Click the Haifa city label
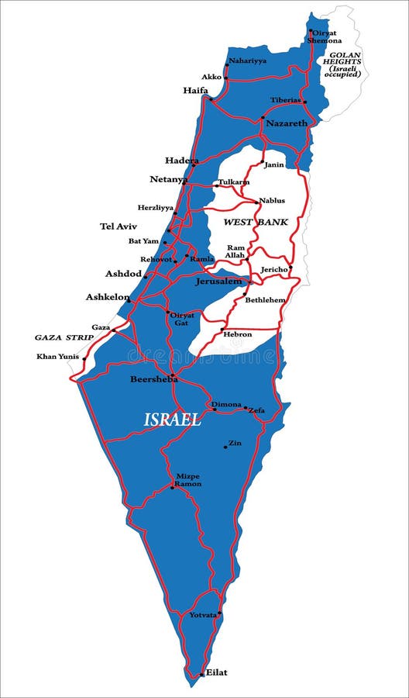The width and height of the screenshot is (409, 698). tap(195, 90)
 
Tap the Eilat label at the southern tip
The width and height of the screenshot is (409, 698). tap(216, 672)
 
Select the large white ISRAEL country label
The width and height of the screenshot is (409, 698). tap(172, 420)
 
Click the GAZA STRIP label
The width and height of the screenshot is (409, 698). tap(64, 337)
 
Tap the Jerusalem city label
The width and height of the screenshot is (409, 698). tap(218, 281)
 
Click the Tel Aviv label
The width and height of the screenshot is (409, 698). tap(118, 226)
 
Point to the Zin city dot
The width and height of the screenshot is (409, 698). tap(225, 447)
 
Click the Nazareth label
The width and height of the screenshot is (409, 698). tap(286, 123)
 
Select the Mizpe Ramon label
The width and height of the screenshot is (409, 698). tap(187, 479)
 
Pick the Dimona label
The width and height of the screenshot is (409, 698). tap(227, 404)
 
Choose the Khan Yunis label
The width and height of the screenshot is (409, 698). tap(58, 357)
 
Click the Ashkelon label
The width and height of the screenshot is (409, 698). tap(108, 297)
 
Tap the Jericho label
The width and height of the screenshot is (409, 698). tap(274, 268)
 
